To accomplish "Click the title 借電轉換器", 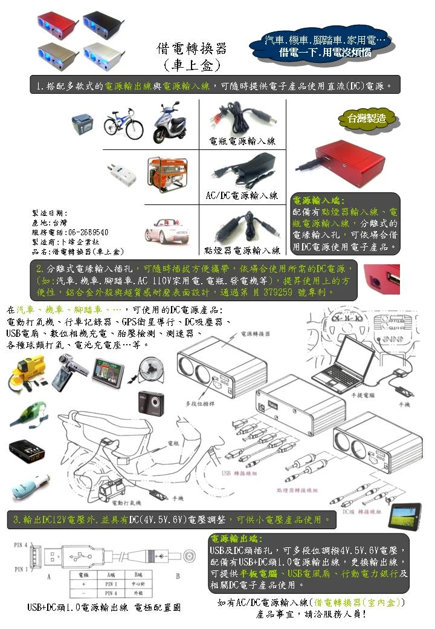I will click(191, 49).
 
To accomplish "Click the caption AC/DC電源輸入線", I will click(242, 195).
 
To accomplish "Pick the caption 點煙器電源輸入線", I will click(242, 250).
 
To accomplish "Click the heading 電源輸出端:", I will click(236, 538).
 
